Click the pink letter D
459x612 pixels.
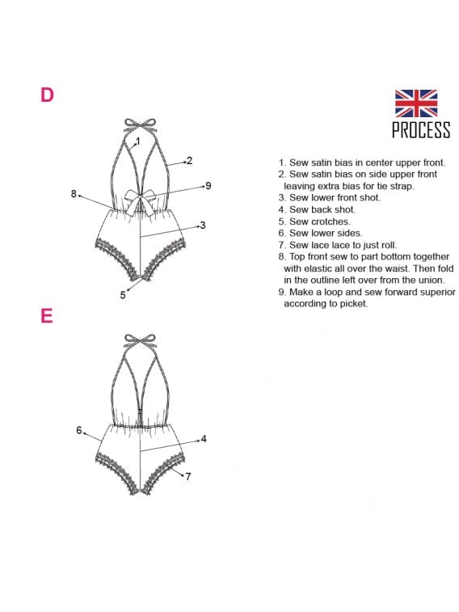(47, 95)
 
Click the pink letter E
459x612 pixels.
(47, 315)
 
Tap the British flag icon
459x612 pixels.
(416, 103)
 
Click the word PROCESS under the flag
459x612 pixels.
(421, 129)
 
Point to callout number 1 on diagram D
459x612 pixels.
(137, 141)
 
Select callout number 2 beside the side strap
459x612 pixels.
(190, 160)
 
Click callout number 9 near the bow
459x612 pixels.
(208, 186)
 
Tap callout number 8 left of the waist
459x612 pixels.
(74, 194)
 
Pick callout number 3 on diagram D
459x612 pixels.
(202, 226)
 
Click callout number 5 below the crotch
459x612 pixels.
(123, 295)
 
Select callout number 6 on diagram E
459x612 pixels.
(79, 430)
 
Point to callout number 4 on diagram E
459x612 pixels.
(204, 439)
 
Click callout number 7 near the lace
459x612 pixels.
(188, 476)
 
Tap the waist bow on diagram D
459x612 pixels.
(139, 201)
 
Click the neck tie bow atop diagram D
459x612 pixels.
(140, 125)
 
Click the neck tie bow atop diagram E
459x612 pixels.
(140, 340)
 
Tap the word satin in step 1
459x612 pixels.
(322, 162)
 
